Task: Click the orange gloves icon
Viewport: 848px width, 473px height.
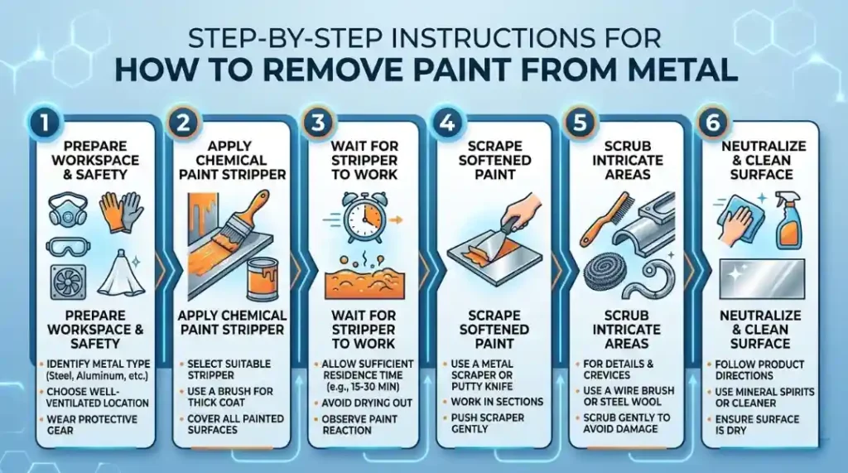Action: pyautogui.click(x=115, y=212)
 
